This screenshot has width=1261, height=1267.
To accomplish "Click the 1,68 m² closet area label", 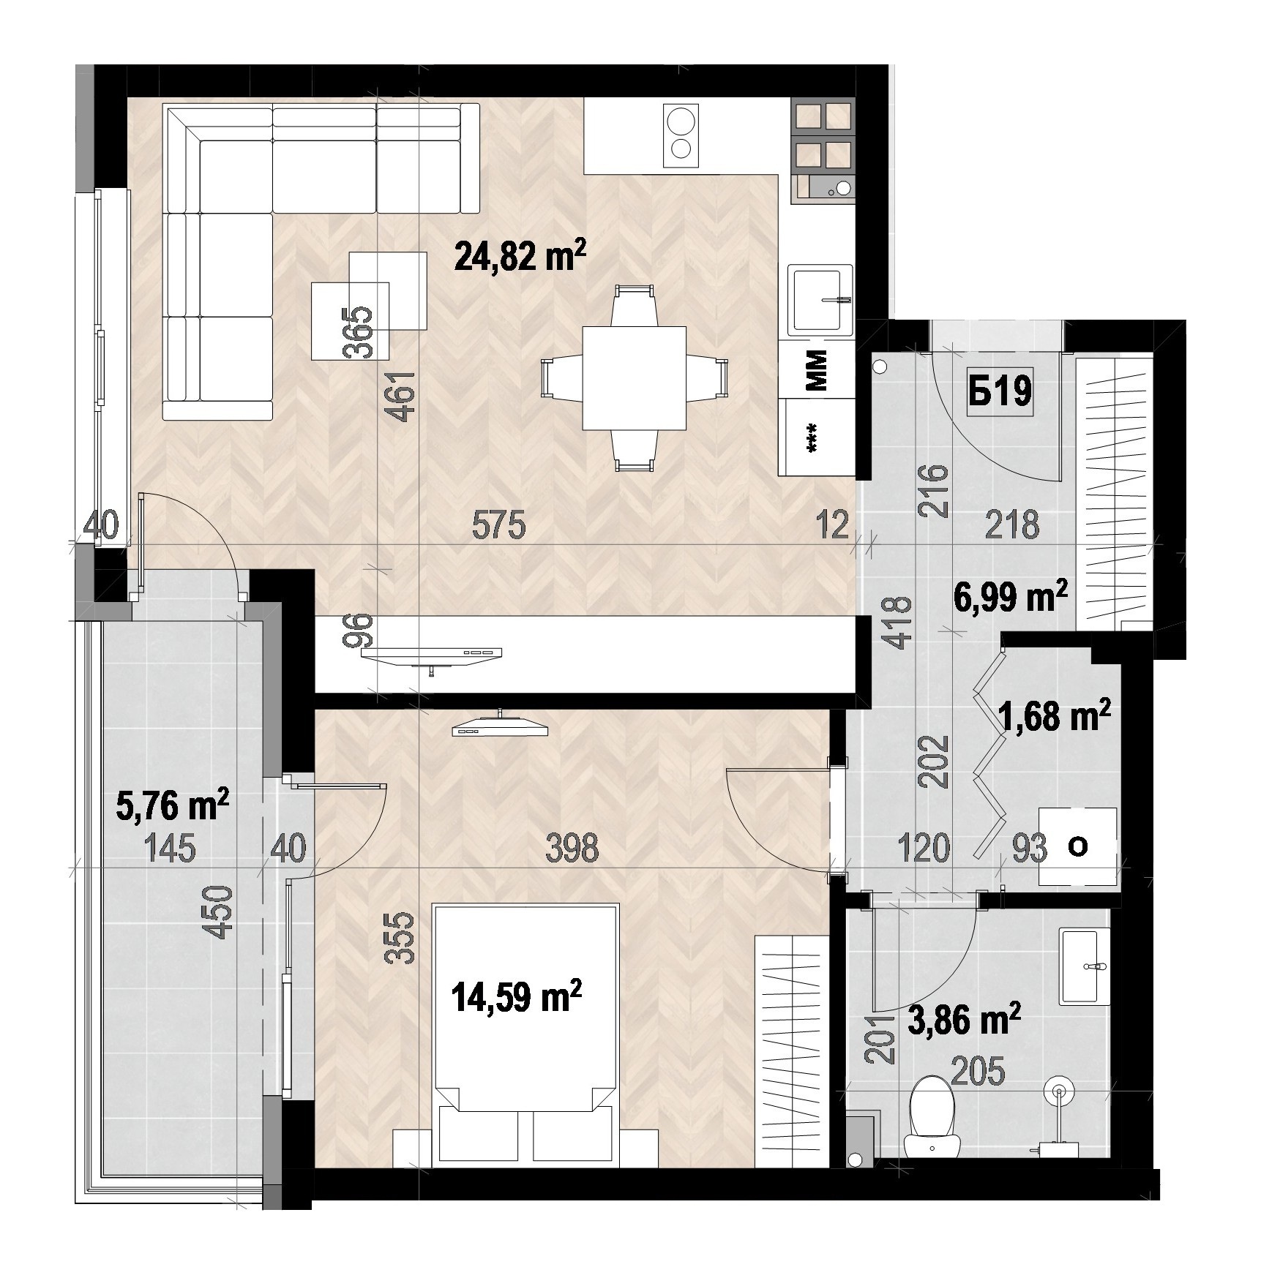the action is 1055,716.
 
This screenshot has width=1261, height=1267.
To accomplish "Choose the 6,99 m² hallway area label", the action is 1011,598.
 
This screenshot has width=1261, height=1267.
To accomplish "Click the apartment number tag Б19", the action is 1000,391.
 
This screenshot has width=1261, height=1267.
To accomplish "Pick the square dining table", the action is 634,377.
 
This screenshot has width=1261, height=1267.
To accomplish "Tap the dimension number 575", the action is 498,525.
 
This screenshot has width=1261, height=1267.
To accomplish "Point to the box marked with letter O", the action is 1078,847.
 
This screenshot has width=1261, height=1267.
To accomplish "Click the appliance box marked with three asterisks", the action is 818,438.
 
